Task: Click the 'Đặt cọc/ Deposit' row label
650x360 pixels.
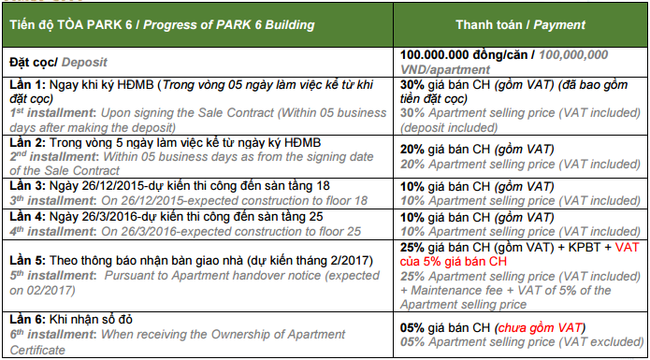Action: point(56,62)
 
